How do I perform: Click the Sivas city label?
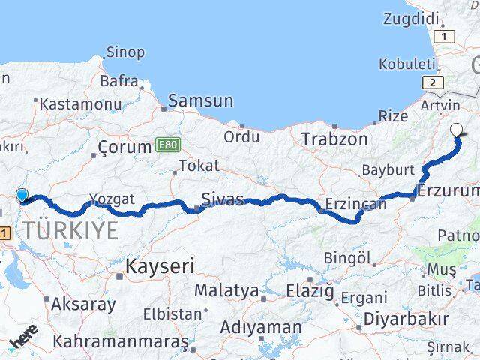pyautogui.click(x=223, y=199)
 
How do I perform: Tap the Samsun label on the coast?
pyautogui.click(x=200, y=100)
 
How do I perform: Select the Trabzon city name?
pyautogui.click(x=334, y=139)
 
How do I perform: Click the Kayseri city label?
pyautogui.click(x=160, y=265)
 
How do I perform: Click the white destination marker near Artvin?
pyautogui.click(x=457, y=129)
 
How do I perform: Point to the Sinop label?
pyautogui.click(x=125, y=52)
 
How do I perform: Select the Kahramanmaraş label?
pyautogui.click(x=121, y=341)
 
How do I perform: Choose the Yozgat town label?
pyautogui.click(x=112, y=199)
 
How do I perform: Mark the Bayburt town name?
pyautogui.click(x=388, y=170)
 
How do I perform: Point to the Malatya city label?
pyautogui.click(x=226, y=290)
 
